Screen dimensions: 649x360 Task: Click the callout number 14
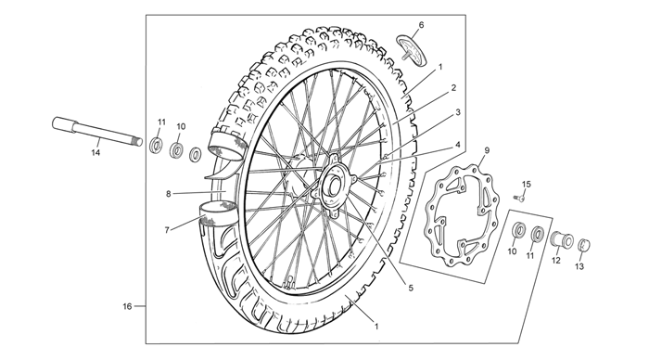95,153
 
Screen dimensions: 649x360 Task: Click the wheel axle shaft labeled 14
97,132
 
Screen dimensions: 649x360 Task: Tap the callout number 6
421,25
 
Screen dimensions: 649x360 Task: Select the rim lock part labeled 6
412,50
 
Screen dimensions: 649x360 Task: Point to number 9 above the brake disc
487,150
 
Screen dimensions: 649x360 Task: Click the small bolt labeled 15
518,199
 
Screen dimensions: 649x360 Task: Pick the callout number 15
526,184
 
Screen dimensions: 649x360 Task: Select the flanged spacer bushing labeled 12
562,240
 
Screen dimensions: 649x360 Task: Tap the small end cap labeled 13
583,245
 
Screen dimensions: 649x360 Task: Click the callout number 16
127,306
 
